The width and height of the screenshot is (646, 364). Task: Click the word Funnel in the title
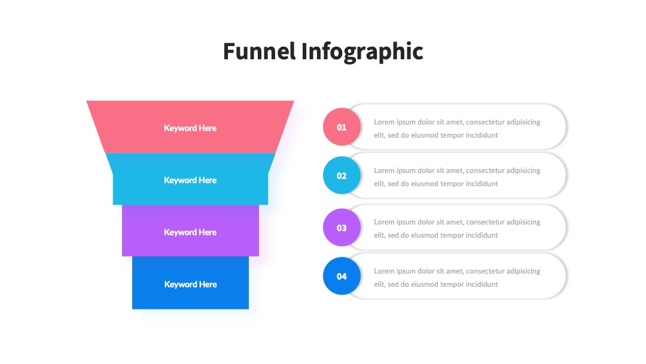tap(260, 51)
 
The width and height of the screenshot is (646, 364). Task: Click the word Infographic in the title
tap(362, 52)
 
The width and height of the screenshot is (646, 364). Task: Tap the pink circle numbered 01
tap(342, 127)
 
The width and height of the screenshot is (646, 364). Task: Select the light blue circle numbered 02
tap(342, 175)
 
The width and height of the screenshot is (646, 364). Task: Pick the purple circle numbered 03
tap(342, 227)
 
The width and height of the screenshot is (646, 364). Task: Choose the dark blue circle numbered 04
tap(342, 276)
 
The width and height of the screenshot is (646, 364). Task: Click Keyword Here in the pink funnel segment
tap(190, 128)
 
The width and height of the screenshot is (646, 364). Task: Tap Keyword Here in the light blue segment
tap(190, 180)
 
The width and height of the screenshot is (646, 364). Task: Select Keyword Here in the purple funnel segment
tap(190, 232)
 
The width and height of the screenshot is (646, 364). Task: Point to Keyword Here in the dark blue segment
tap(190, 284)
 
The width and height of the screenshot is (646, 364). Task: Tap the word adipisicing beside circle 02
tap(523, 171)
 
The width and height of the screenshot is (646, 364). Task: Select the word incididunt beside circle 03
tap(482, 235)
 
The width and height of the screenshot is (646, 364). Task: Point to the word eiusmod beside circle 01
tap(424, 135)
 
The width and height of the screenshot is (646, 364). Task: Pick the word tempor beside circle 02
tap(452, 184)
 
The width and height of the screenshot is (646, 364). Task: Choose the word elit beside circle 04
tap(379, 284)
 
